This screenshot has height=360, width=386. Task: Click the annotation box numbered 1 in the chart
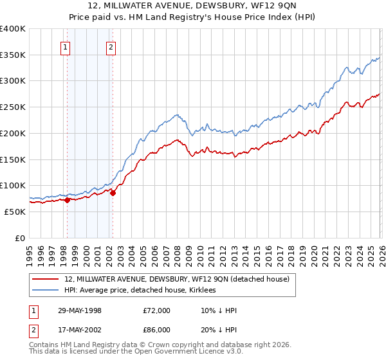66,46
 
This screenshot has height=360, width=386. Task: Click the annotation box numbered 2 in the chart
111,46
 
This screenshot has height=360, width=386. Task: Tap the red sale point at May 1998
67,200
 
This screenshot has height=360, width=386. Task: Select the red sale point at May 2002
113,192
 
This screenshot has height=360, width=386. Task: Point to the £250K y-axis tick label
13,107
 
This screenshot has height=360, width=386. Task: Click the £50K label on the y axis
15,212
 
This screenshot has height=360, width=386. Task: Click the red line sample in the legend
45,280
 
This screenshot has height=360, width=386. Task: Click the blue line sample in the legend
45,291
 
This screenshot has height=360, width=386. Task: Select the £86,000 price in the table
156,330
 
